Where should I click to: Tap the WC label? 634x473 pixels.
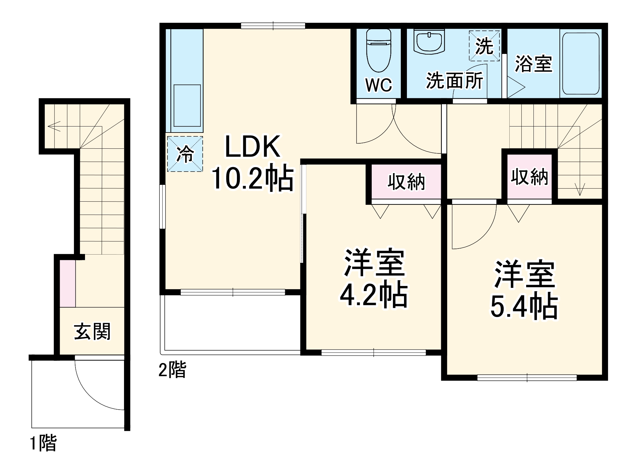378,85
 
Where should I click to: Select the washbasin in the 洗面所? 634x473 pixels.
429,43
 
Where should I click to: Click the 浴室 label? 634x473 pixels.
533,64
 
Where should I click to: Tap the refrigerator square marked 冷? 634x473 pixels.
185,154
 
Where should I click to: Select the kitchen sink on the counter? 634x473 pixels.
187,106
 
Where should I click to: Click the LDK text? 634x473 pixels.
253,146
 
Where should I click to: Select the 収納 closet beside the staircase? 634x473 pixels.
529,177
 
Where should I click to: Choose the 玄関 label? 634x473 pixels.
92,332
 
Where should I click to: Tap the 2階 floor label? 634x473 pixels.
172,370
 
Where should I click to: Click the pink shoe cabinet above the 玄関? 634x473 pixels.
68,283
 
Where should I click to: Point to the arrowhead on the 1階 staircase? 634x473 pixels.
51,126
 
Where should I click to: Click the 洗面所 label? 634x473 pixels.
454,81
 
